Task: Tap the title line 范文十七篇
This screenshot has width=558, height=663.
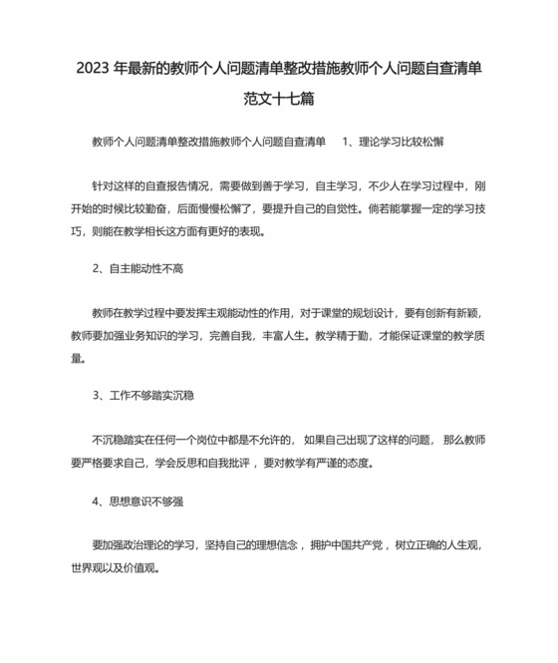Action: [x=278, y=100]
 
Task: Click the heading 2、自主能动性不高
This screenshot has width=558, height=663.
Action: [x=139, y=269]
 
